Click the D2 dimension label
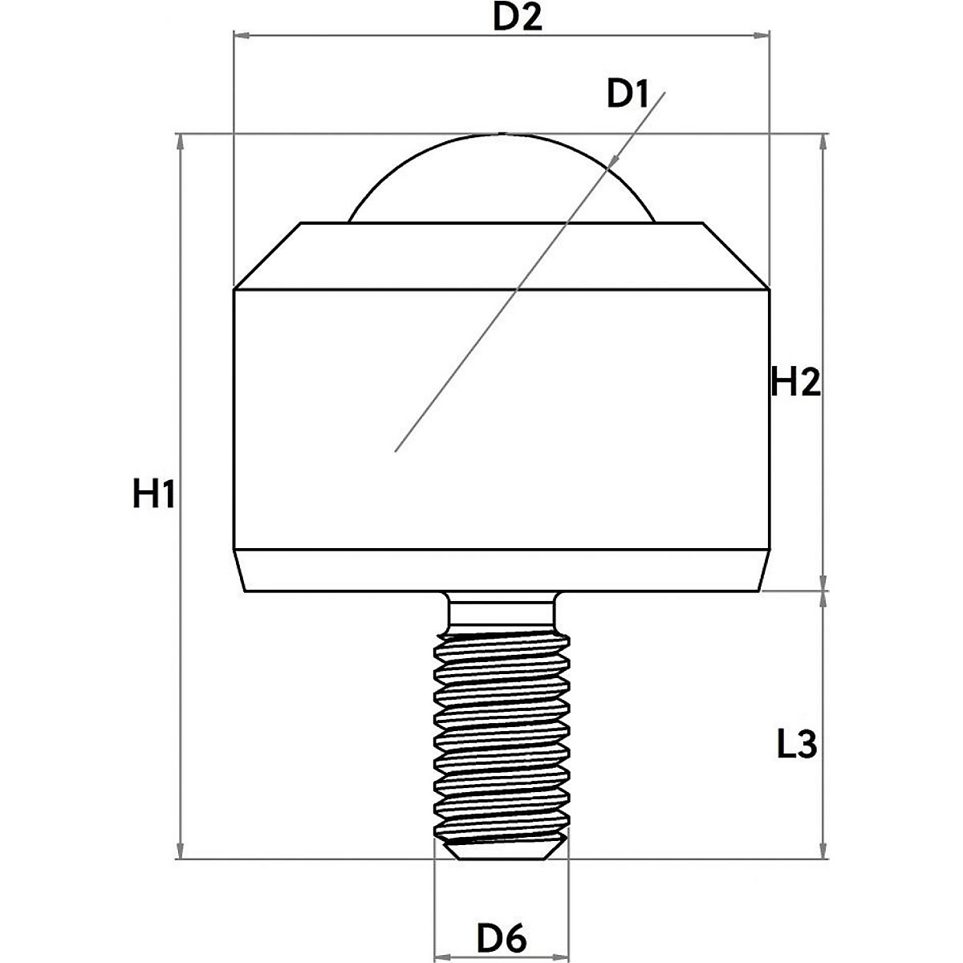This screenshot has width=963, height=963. click(517, 18)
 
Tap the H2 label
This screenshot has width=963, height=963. click(795, 384)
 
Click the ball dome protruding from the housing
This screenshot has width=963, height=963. click(502, 181)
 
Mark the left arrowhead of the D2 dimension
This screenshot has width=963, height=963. click(241, 35)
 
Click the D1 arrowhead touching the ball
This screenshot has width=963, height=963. click(612, 163)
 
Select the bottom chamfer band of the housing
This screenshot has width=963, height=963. click(501, 571)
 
